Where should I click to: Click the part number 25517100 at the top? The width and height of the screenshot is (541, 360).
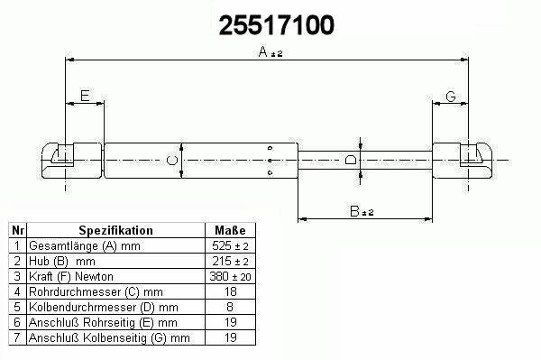pyautogui.click(x=277, y=25)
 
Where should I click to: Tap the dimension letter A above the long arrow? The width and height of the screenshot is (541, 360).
pyautogui.click(x=263, y=51)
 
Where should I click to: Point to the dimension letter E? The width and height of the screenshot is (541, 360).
pyautogui.click(x=85, y=96)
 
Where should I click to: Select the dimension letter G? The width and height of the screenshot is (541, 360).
pyautogui.click(x=451, y=97)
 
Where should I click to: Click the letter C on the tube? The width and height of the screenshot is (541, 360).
pyautogui.click(x=172, y=161)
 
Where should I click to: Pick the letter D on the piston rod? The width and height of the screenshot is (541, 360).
pyautogui.click(x=351, y=161)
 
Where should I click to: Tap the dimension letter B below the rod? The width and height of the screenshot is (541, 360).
pyautogui.click(x=354, y=211)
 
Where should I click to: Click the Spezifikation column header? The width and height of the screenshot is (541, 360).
pyautogui.click(x=116, y=230)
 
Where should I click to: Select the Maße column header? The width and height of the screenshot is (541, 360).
pyautogui.click(x=230, y=230)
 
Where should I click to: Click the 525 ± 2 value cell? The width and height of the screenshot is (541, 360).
pyautogui.click(x=230, y=245)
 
